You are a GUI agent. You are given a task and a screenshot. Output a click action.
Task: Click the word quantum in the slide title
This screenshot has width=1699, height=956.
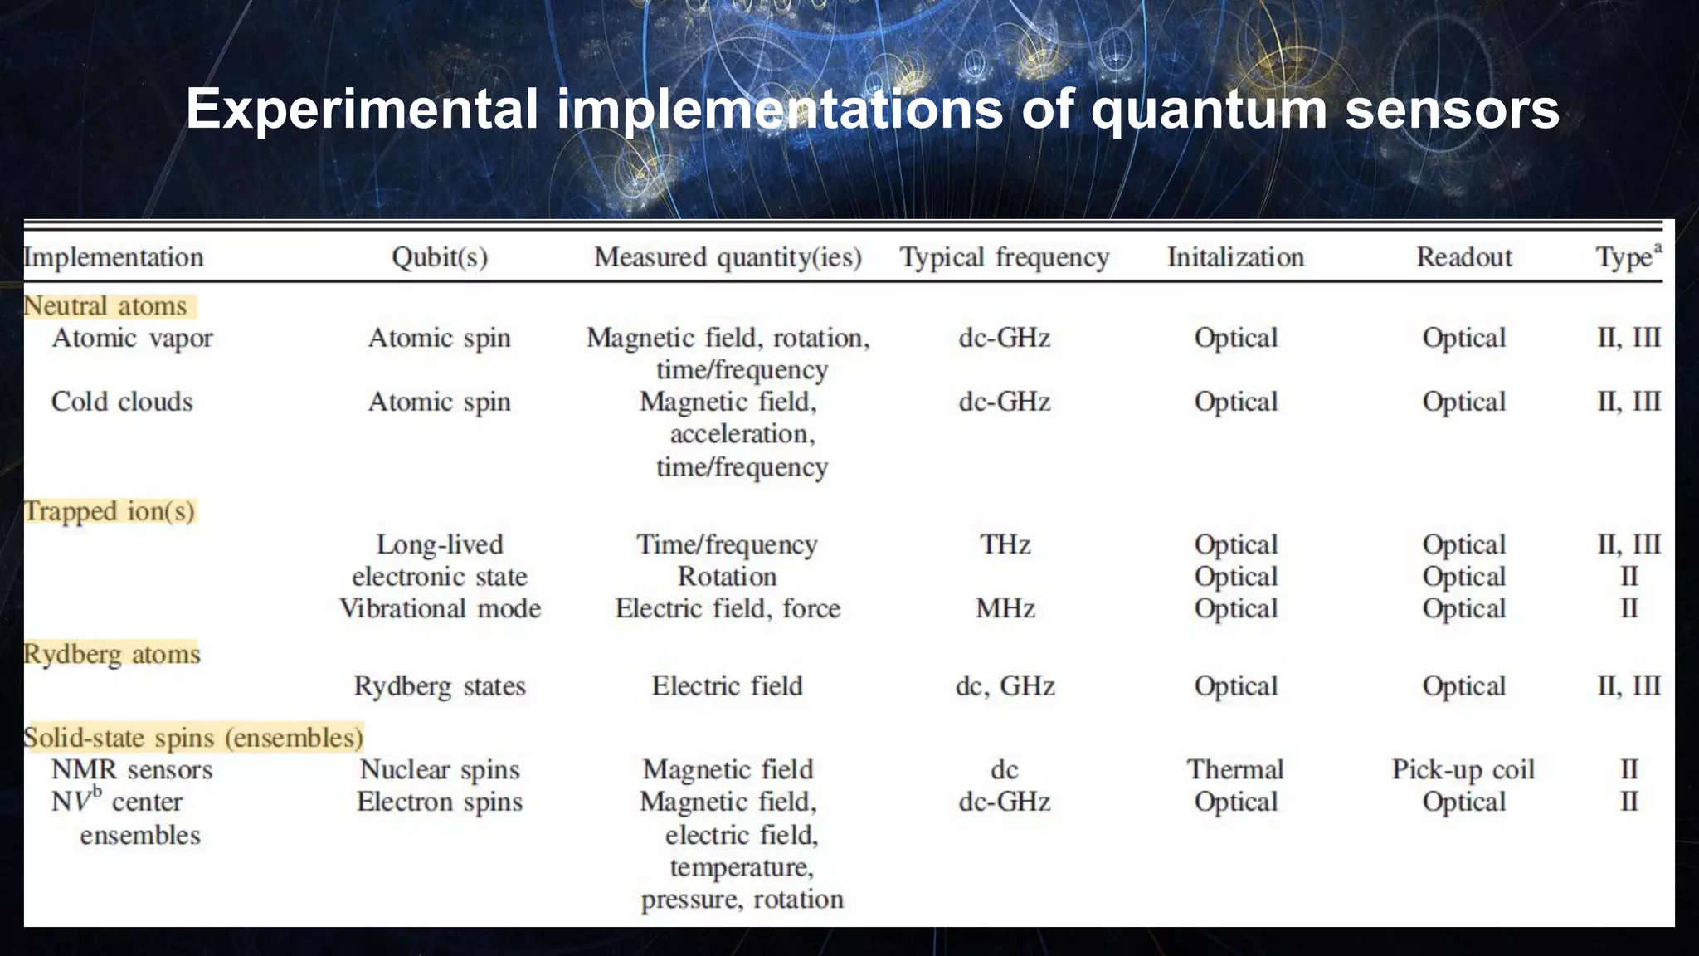[1209, 110]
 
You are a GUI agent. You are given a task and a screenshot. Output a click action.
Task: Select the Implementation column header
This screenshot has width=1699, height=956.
[114, 257]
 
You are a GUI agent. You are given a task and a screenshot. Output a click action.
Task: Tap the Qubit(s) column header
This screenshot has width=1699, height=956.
[440, 257]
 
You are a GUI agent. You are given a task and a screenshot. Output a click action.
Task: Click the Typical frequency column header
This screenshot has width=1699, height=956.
[1005, 257]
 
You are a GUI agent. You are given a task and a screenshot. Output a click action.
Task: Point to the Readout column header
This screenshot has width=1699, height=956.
[1464, 257]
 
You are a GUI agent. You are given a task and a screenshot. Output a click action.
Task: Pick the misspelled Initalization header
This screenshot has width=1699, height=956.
[1235, 257]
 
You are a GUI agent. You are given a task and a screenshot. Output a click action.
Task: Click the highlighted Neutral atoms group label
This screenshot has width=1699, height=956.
[105, 306]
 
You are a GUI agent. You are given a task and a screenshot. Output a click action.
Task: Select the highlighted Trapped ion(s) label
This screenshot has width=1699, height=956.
[109, 511]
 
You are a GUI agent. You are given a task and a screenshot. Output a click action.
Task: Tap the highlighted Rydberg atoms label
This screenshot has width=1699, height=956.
[112, 654]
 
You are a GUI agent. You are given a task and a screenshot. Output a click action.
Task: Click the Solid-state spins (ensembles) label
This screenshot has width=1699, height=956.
[193, 738]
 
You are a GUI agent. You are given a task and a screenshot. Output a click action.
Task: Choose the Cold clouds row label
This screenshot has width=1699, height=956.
[122, 402]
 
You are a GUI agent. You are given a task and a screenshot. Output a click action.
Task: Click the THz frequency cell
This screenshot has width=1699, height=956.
[1005, 544]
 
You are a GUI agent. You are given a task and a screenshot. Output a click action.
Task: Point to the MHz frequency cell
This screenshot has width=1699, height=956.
[1005, 608]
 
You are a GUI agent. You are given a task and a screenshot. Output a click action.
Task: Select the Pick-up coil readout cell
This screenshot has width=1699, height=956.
[1463, 770]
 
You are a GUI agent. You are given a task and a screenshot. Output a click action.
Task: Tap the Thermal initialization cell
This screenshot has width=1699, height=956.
[1235, 769]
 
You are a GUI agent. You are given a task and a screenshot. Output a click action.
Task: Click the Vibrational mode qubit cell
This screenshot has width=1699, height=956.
[440, 608]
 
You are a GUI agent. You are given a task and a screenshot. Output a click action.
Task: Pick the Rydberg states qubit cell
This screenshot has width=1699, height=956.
[440, 686]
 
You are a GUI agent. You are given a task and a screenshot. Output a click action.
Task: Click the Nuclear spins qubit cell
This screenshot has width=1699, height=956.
[440, 770]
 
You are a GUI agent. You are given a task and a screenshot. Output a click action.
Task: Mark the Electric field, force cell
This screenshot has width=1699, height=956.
[728, 608]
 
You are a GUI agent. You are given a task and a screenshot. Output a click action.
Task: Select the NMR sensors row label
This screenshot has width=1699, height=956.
[132, 770]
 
